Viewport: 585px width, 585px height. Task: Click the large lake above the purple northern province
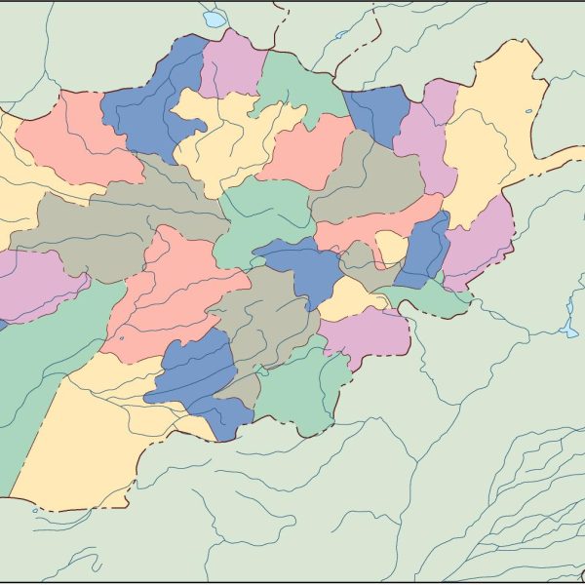213,19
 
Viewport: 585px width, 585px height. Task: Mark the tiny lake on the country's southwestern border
36,508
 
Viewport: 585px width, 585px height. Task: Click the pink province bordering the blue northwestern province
73,136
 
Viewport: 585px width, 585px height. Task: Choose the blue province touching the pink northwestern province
146,107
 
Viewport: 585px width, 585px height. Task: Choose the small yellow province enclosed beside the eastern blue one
391,246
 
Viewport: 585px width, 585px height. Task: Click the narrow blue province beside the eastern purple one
424,249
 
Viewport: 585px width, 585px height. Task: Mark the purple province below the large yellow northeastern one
478,234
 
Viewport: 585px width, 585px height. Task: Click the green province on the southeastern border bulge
292,390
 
